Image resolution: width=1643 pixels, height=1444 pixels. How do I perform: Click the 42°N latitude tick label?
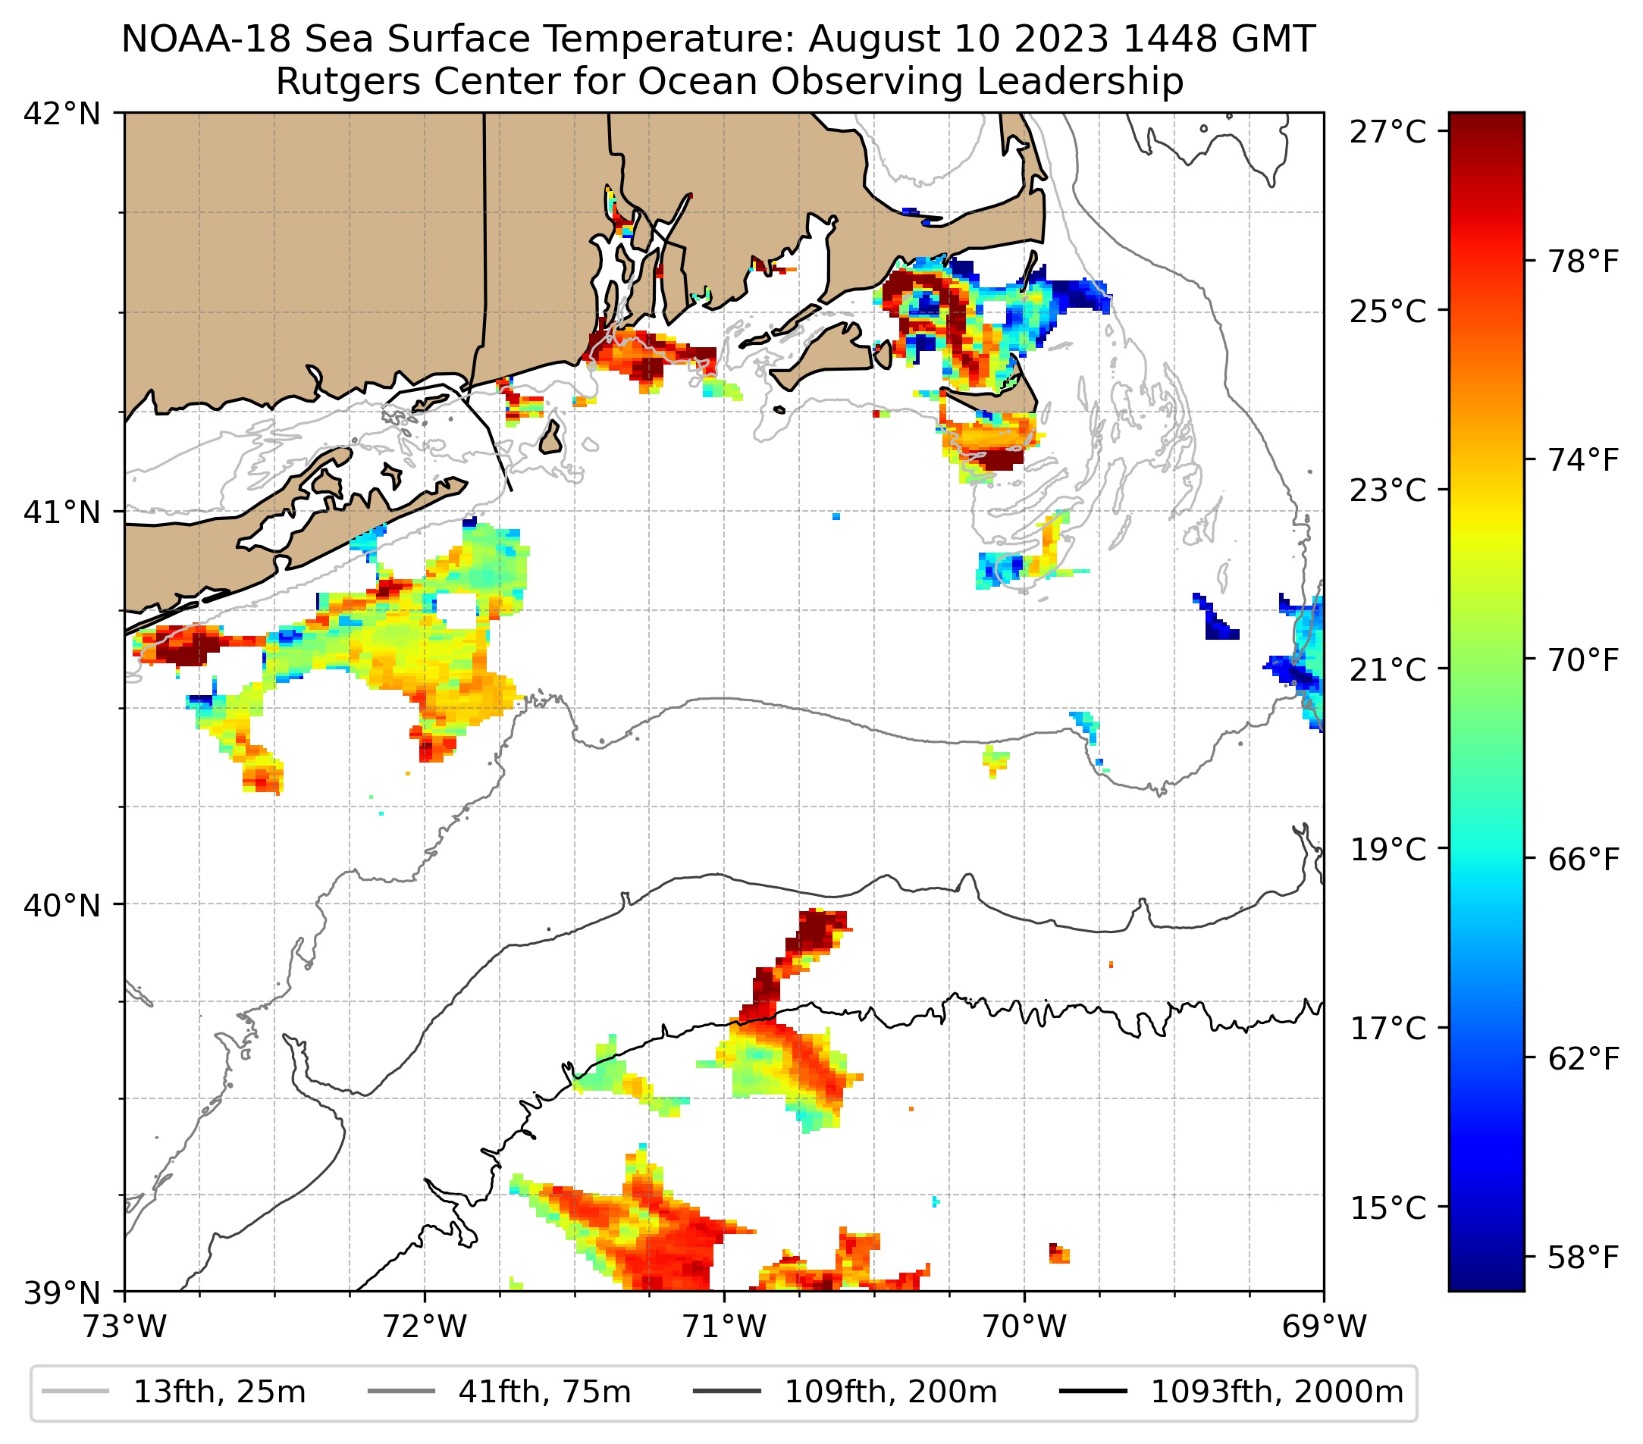click(x=62, y=114)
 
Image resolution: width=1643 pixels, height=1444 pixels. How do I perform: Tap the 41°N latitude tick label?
click(x=62, y=512)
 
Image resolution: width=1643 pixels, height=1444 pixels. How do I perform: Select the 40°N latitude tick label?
click(x=62, y=906)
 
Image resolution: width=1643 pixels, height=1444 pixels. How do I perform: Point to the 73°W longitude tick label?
click(x=124, y=1327)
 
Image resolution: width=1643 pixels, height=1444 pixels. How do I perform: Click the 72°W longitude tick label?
click(x=425, y=1327)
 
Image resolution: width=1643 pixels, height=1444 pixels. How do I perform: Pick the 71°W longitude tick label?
click(x=724, y=1327)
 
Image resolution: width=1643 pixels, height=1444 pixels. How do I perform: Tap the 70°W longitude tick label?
click(x=1025, y=1327)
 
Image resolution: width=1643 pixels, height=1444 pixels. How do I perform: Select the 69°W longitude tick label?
click(x=1324, y=1327)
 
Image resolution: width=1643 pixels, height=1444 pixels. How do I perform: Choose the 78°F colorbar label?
click(x=1582, y=262)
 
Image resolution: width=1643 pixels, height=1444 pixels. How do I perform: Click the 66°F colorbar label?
click(x=1582, y=860)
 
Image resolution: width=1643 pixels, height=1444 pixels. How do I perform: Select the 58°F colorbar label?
click(x=1582, y=1258)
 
